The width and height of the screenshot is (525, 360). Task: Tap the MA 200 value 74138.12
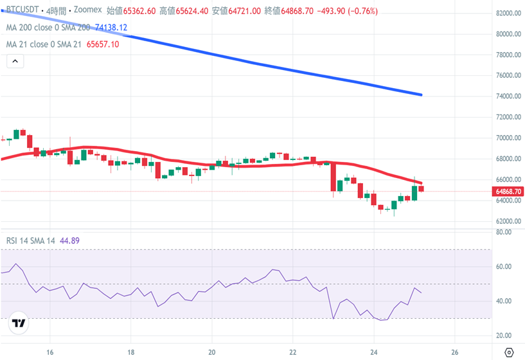coord(111,28)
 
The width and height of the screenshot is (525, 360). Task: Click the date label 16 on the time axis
coord(49,352)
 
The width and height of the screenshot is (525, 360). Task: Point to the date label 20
coord(211,352)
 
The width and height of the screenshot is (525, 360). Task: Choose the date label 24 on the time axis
coord(374,352)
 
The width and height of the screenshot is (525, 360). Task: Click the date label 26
coord(455,352)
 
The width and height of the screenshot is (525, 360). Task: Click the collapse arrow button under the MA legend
coord(15,62)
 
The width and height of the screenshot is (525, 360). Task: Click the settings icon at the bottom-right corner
coord(509,352)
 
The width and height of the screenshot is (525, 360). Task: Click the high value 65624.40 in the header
coord(191,11)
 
